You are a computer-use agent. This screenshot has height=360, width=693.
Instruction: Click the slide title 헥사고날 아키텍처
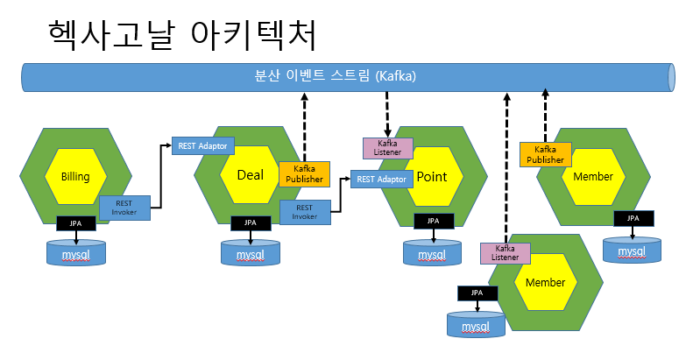(182, 35)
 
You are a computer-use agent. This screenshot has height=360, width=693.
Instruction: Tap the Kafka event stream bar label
(335, 76)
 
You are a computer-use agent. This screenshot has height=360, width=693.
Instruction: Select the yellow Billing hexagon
(75, 176)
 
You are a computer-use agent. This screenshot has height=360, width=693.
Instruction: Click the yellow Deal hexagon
(251, 175)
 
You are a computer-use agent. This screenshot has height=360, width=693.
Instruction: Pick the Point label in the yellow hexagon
(432, 177)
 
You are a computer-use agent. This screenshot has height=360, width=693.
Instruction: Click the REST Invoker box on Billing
(124, 208)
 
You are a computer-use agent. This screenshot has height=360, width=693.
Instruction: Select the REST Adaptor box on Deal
(203, 145)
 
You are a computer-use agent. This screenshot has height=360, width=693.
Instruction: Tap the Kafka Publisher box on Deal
(304, 174)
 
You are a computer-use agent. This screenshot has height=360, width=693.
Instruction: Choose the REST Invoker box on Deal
(305, 212)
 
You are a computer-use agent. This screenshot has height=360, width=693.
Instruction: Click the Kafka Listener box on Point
(387, 148)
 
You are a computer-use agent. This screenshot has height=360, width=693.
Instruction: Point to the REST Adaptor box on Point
(381, 179)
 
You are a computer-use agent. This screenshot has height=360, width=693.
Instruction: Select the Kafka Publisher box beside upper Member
(546, 155)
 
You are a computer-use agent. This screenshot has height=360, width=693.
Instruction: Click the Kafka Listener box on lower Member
(506, 253)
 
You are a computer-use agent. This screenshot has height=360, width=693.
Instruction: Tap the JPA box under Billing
(76, 223)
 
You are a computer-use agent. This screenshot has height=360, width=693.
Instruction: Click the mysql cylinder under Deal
(251, 252)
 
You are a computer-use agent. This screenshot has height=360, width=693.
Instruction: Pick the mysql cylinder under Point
(432, 252)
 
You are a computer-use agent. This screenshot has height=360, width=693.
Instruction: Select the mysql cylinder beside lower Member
(476, 325)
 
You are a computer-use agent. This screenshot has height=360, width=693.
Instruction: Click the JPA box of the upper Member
(633, 218)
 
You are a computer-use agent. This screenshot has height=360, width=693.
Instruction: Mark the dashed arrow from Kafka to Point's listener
(387, 114)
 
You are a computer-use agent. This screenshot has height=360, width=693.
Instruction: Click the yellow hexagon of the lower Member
(546, 282)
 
